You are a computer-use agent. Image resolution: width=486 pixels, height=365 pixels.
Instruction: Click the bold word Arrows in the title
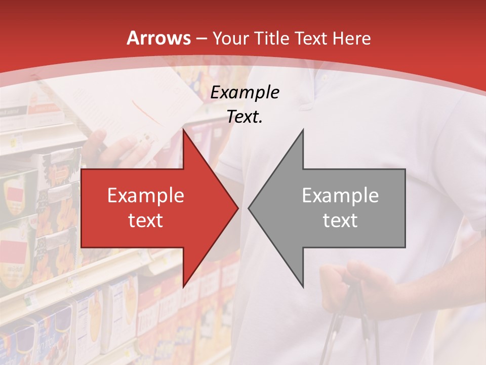(x=159, y=39)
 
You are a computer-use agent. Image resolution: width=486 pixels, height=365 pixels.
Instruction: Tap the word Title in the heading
(x=270, y=39)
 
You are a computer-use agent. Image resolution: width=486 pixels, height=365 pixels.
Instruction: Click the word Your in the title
(x=231, y=39)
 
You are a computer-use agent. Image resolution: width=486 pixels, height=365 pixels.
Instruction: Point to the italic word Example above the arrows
(x=245, y=93)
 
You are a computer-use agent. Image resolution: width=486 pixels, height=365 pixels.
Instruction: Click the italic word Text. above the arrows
(x=245, y=117)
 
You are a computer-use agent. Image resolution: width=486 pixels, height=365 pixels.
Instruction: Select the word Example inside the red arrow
(x=145, y=196)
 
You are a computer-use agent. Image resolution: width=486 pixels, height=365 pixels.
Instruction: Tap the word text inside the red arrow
(x=145, y=220)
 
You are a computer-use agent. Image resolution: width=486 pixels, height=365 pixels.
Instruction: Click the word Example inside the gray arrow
(x=340, y=196)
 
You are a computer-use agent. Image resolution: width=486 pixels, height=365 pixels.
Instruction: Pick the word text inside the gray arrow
(x=340, y=220)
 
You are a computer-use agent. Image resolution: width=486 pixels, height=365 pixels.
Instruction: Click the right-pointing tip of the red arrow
(x=237, y=208)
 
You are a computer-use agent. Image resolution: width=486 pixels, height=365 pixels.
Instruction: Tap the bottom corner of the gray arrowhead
(x=303, y=287)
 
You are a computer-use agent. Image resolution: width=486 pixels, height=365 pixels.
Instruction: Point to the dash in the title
(x=201, y=39)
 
